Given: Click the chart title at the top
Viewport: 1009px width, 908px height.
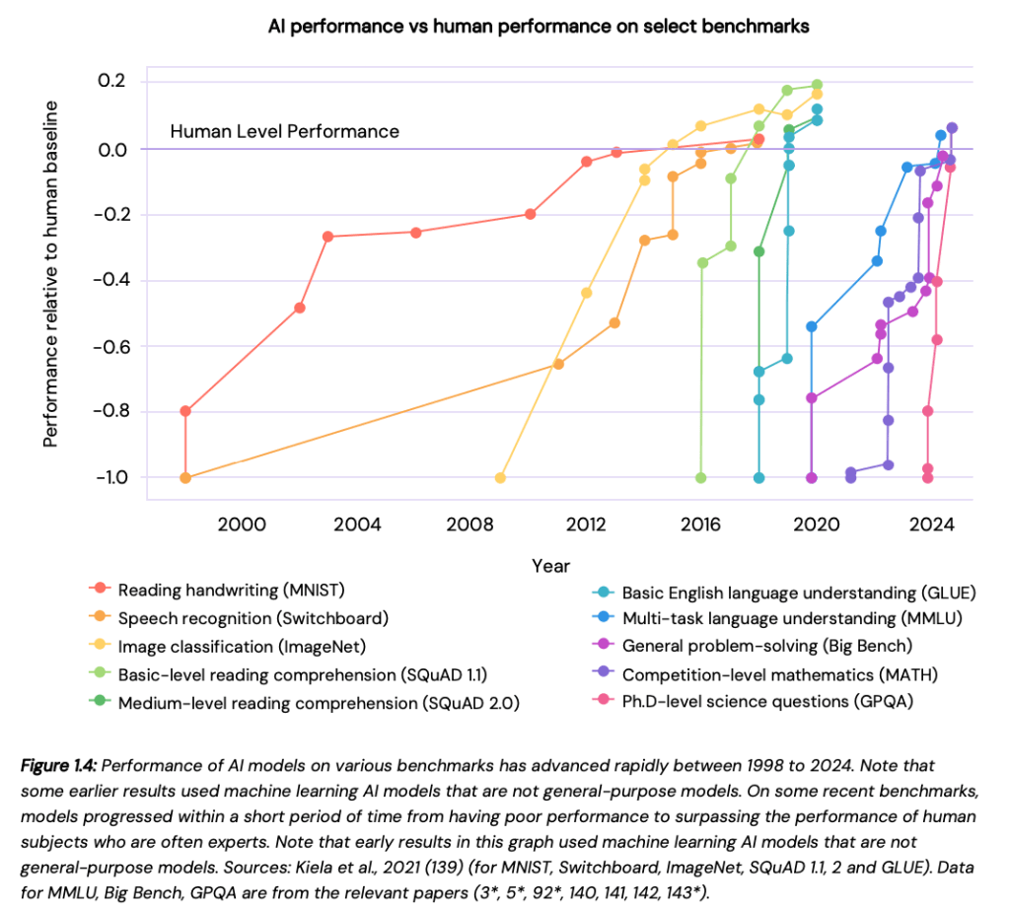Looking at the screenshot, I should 539,27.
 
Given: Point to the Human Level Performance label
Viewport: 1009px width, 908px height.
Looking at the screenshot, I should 284,131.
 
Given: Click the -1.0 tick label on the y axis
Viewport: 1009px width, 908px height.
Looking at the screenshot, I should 111,477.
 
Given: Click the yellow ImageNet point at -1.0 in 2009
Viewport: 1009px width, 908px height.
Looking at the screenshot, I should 500,477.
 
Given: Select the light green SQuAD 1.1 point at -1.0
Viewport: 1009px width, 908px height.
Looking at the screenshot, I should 701,477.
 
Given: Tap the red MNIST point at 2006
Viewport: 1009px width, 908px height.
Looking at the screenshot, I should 415,233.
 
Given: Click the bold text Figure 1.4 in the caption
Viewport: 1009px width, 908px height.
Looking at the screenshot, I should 72,766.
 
